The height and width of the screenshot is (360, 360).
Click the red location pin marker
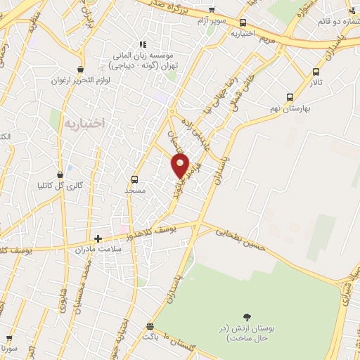click(181, 166)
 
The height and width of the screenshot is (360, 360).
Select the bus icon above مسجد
click(134, 179)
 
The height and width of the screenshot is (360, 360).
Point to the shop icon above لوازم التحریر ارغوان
click(82, 69)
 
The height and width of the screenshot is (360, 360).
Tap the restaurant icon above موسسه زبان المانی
click(143, 44)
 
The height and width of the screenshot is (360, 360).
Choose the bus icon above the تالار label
click(315, 72)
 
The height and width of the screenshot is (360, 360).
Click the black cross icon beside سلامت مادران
click(98, 239)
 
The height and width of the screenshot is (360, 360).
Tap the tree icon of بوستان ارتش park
click(246, 318)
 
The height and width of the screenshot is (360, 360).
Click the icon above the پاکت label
click(149, 326)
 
